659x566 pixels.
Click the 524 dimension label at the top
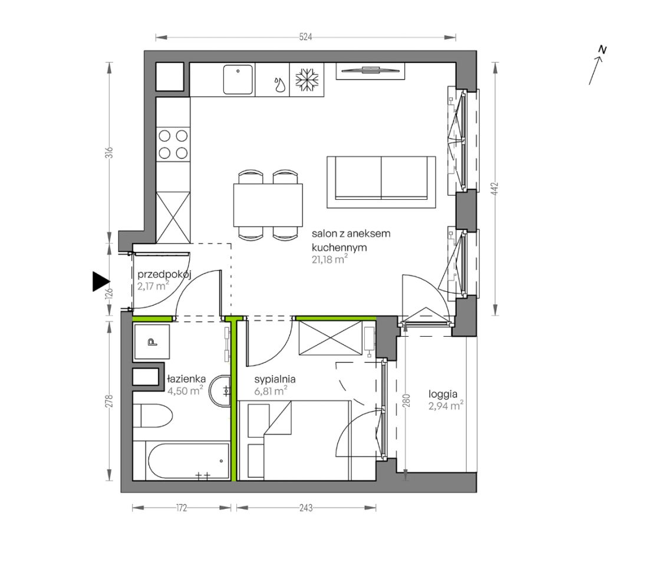[305, 37]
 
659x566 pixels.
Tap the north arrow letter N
[602, 50]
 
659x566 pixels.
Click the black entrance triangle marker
[101, 281]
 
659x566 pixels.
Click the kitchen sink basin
[238, 80]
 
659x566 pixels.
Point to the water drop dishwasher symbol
[279, 84]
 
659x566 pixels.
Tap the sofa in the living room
[381, 182]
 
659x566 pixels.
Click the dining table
[268, 205]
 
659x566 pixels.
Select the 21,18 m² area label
[329, 259]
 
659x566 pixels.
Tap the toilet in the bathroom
[153, 416]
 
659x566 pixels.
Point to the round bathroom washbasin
[221, 391]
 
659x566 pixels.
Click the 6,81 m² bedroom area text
[271, 391]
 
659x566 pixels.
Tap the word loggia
[443, 394]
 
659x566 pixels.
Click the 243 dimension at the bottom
[306, 508]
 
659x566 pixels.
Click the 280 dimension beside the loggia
[406, 401]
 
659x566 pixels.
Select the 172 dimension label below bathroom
[181, 508]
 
